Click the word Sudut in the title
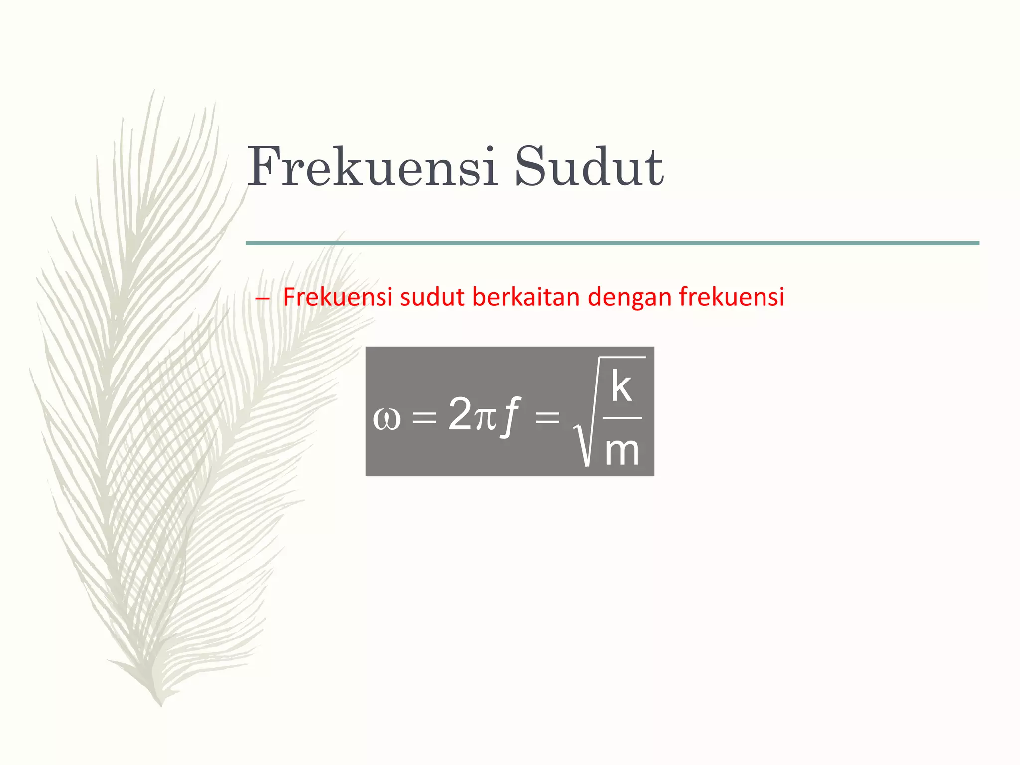589,167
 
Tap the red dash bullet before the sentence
262,299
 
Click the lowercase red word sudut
432,297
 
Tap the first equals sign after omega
424,417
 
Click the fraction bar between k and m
622,418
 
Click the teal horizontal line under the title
612,243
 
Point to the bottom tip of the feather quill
160,703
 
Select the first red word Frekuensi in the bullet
338,297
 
